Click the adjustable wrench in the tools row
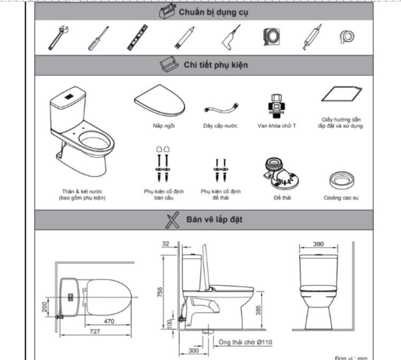56,37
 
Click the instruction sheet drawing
340,95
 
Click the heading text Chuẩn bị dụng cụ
209,11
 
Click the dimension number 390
318,244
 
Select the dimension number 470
110,322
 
